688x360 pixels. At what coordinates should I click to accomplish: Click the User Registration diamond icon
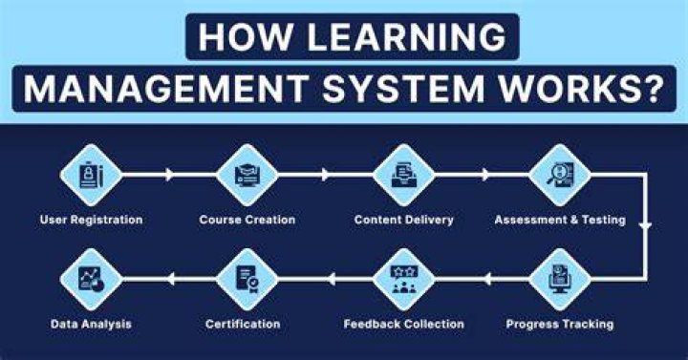click(x=91, y=175)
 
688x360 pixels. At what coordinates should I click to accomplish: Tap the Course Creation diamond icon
click(x=247, y=175)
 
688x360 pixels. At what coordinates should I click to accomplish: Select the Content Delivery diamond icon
click(x=403, y=175)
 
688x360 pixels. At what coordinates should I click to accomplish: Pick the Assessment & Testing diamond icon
click(x=560, y=175)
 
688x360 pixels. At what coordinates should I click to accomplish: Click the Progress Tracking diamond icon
click(x=560, y=280)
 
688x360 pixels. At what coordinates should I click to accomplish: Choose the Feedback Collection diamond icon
click(x=403, y=280)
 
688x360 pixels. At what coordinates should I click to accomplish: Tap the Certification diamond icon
click(x=247, y=280)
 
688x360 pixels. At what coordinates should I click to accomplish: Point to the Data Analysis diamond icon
click(x=91, y=280)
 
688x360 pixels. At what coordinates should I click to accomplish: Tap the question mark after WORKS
click(x=652, y=89)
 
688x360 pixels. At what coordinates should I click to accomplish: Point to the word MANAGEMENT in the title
click(x=166, y=89)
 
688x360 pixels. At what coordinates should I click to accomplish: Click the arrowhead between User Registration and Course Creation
click(x=169, y=175)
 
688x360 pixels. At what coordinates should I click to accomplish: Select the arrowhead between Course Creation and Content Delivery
click(x=325, y=175)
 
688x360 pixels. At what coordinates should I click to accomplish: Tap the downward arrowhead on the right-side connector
click(x=645, y=226)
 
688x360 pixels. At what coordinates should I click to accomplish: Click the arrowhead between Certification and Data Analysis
click(x=171, y=279)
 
